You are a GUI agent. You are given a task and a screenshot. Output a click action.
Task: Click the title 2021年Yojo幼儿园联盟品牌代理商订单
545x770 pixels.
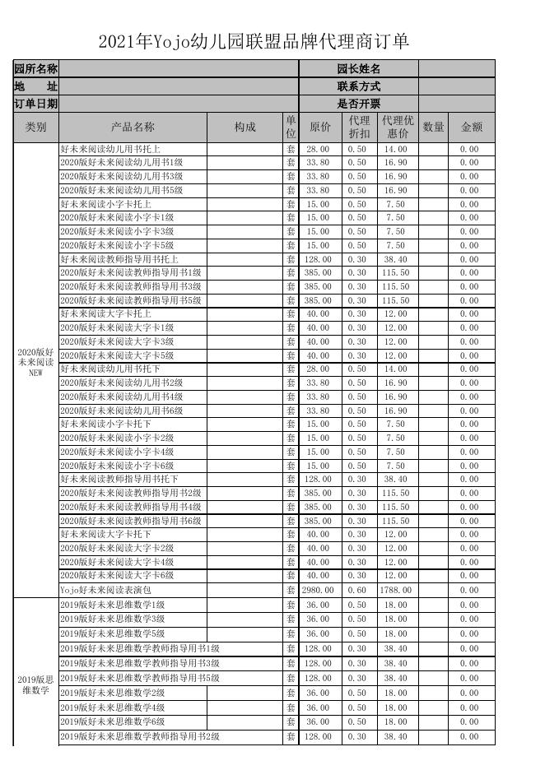point(254,42)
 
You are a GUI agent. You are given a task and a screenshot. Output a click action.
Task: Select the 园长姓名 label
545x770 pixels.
point(358,69)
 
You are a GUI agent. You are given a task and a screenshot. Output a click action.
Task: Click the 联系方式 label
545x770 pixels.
point(358,86)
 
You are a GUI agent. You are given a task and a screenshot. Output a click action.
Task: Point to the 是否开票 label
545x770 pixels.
point(358,104)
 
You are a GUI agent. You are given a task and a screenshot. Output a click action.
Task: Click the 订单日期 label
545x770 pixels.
point(35,104)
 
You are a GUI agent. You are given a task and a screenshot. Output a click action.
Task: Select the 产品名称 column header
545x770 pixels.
point(133,127)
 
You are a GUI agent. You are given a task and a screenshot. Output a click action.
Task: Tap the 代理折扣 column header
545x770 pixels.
point(357,127)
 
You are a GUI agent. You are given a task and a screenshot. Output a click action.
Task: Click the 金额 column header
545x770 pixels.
point(471,127)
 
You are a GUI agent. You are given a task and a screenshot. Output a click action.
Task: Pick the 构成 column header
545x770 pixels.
point(245,127)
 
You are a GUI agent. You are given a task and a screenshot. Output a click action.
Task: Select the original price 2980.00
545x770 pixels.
point(318,590)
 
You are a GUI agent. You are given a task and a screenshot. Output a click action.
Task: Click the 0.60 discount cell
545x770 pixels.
point(357,590)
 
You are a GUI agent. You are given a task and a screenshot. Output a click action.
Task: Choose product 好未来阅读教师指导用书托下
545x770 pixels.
point(119,479)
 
